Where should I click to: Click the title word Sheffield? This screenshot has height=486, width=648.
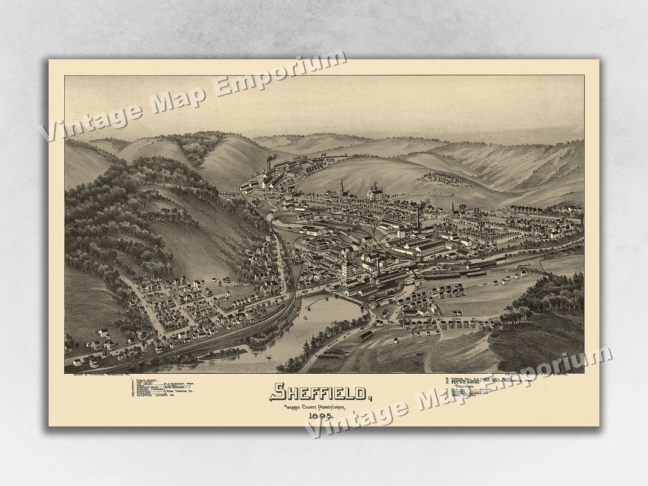[x=320, y=392]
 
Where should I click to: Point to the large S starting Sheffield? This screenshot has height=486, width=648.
[x=277, y=392]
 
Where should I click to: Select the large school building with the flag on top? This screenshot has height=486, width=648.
[x=375, y=192]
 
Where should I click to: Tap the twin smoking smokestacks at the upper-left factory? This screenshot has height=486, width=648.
[x=270, y=162]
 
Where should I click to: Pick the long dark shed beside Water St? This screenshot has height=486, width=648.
[x=365, y=336]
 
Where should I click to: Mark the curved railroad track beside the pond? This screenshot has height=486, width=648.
[x=282, y=318]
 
